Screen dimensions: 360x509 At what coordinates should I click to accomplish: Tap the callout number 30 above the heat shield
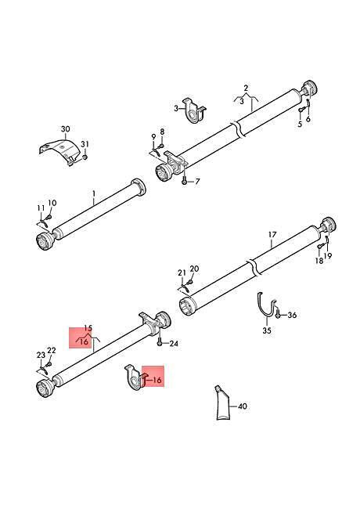click(66, 129)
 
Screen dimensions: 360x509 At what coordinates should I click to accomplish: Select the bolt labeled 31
click(85, 157)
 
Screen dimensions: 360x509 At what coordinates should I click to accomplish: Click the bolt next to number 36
click(278, 314)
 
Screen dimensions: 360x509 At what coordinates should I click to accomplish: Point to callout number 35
click(267, 330)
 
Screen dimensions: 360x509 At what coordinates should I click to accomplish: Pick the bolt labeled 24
click(160, 341)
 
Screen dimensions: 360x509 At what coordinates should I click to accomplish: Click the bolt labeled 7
click(184, 180)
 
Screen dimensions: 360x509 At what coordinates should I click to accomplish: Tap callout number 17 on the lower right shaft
click(272, 234)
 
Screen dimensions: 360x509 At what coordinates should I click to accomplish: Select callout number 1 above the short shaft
click(94, 193)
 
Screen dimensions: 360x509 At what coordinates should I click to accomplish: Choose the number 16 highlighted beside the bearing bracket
click(157, 380)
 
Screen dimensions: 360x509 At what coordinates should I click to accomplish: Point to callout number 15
click(88, 328)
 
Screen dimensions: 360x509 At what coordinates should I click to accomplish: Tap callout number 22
click(52, 350)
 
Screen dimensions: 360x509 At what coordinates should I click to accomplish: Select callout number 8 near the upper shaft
click(162, 132)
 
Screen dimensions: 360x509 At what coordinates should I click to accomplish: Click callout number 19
click(328, 256)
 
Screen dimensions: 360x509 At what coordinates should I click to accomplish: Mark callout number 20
click(195, 269)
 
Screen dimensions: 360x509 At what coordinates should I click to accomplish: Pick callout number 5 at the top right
click(300, 124)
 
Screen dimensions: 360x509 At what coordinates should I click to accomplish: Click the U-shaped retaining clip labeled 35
click(266, 305)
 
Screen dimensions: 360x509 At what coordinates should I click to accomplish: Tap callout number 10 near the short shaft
click(52, 203)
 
